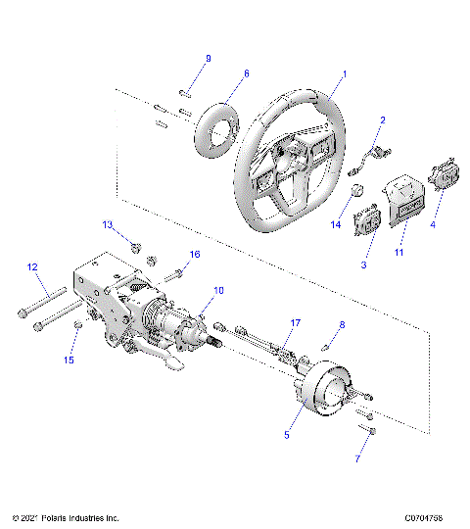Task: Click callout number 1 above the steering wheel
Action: coord(345,74)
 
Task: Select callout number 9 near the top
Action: coord(208,60)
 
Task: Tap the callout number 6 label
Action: coord(247,73)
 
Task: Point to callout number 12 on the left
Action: coord(31,266)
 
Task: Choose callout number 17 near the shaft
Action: coord(295,322)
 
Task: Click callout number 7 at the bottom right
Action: coord(358,458)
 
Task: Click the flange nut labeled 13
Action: coord(137,246)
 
